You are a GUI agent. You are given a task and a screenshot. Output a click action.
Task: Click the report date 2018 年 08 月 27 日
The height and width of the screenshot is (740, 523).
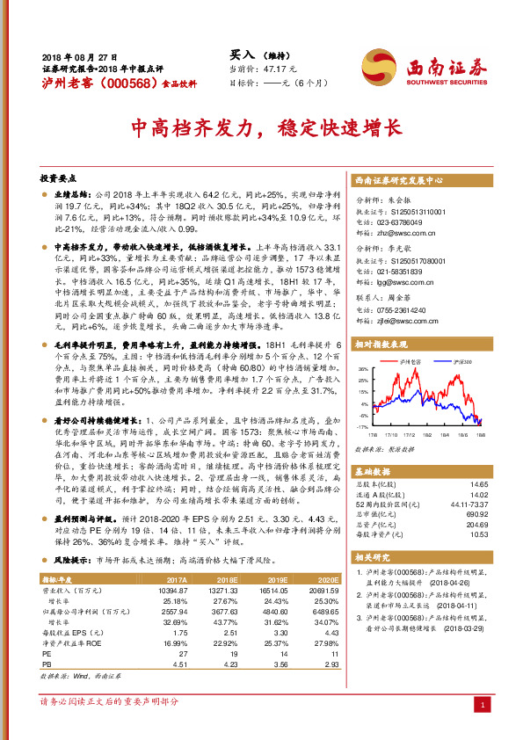click(x=79, y=55)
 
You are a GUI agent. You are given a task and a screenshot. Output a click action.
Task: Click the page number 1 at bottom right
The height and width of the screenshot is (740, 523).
click(x=482, y=705)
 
